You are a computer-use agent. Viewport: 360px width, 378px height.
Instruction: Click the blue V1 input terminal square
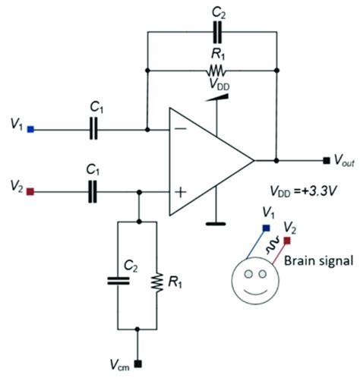pos(30,130)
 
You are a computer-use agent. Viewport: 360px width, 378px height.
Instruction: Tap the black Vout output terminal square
pos(325,161)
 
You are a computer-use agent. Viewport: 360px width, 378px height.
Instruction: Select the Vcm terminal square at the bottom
pos(137,362)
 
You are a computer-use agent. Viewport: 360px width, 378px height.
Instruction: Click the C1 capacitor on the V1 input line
pos(93,130)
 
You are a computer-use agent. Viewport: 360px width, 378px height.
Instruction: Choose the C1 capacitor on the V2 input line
pos(93,193)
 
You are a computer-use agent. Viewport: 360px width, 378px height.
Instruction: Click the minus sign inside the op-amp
pos(180,130)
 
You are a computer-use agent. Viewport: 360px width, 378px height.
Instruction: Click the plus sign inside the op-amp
pos(180,193)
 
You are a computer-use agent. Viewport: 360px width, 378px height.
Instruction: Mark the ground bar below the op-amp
pos(216,224)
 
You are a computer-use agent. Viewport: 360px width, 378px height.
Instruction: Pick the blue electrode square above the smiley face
pos(264,227)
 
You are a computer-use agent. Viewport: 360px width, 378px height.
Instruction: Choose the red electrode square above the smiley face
pos(288,241)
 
